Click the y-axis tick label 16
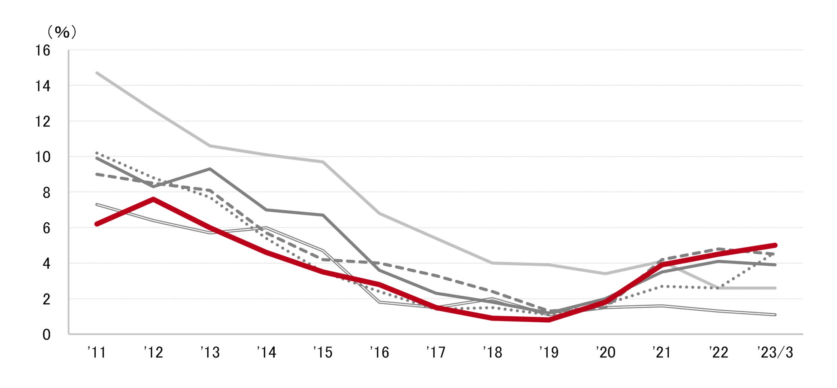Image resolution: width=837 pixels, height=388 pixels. click(x=43, y=51)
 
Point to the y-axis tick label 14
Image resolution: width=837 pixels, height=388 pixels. click(x=43, y=86)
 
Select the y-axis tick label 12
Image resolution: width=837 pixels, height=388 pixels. click(x=43, y=122)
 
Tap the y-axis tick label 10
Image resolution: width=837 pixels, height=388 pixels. click(x=43, y=157)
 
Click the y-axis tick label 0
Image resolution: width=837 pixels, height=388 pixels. click(x=46, y=335)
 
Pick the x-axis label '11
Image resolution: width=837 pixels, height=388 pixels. click(x=97, y=352)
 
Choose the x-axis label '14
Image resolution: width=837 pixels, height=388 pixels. click(x=266, y=352)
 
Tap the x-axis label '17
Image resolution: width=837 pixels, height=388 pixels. click(x=436, y=352)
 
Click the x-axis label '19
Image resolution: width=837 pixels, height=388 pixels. click(x=549, y=352)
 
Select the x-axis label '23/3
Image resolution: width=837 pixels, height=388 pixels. click(x=775, y=352)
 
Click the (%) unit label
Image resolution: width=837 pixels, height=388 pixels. click(x=62, y=32)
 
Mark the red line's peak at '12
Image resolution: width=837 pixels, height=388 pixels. click(x=153, y=199)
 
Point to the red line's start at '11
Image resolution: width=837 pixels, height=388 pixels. click(x=97, y=224)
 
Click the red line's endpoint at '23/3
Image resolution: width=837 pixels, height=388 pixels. click(x=775, y=245)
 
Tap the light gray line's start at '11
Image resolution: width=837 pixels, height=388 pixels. click(x=97, y=73)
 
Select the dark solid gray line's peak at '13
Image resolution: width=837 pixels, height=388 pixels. click(x=210, y=169)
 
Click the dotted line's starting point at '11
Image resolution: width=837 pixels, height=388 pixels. click(x=97, y=153)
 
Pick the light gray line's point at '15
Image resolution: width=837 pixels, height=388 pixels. click(x=323, y=162)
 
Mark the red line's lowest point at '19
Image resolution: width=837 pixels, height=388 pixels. click(x=549, y=320)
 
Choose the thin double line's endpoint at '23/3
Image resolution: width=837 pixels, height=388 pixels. click(x=775, y=315)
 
